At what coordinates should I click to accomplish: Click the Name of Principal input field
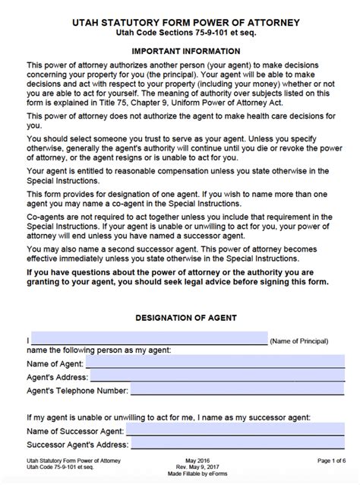[x=149, y=340]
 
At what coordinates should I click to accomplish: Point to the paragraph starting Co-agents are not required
[x=179, y=227]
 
